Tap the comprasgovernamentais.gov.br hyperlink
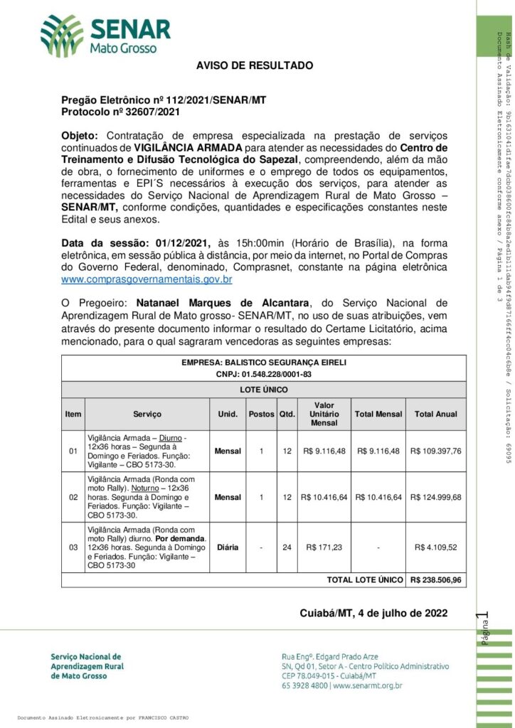coord(156,279)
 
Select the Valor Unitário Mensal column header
coord(324,414)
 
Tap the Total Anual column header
coord(436,414)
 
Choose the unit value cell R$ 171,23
coord(324,547)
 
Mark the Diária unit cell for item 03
coord(228,547)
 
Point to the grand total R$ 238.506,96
coord(436,579)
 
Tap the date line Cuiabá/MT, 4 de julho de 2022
coord(373,613)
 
